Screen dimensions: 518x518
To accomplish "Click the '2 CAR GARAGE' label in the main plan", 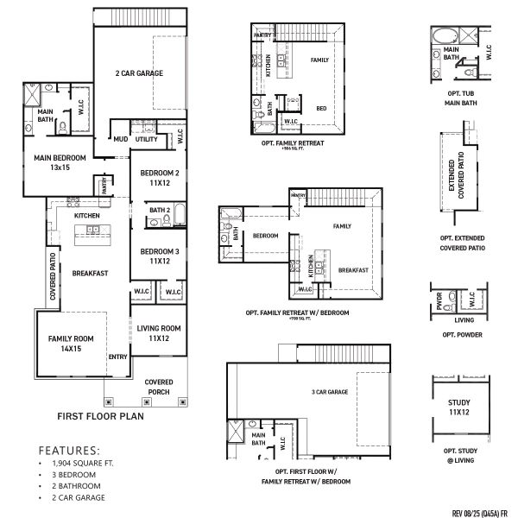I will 139,73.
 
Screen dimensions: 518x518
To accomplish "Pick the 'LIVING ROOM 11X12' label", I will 158,332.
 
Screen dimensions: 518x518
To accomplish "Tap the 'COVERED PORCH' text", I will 158,387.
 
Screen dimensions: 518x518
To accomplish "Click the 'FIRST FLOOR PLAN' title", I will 99,416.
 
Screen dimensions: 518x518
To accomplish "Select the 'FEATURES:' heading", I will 69,451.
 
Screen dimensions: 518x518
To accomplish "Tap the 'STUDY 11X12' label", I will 458,408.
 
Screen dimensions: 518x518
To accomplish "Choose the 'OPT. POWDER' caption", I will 461,334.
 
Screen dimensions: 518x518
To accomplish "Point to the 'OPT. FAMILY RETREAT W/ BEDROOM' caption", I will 298,313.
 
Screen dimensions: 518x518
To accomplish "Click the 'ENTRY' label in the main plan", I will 117,357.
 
